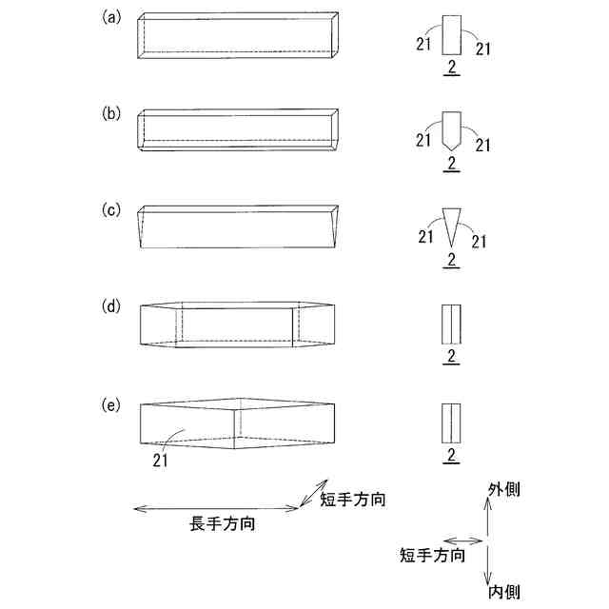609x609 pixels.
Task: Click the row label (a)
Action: pos(111,17)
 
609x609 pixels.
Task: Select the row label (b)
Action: pos(111,112)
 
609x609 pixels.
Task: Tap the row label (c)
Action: pos(111,207)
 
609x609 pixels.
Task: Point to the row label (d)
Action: pos(111,306)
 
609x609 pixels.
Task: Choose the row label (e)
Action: pos(111,403)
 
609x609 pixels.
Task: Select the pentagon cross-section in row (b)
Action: pos(453,128)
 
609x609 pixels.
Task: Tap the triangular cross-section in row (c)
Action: pos(452,225)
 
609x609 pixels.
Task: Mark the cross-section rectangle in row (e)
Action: pos(452,422)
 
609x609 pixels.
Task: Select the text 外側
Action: pos(503,489)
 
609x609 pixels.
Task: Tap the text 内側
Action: pos(503,592)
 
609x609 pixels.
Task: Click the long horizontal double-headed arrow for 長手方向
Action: pos(216,509)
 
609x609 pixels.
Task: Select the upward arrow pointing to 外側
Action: pos(488,520)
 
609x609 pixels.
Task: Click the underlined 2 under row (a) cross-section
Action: pos(452,66)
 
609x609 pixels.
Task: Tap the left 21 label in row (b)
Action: pos(424,141)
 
